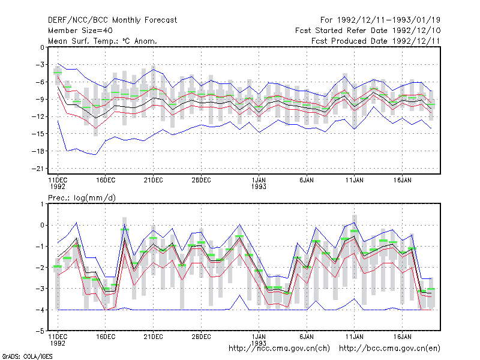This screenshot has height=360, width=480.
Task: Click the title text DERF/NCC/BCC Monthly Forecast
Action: (x=112, y=20)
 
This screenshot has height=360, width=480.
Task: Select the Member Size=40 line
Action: (x=80, y=31)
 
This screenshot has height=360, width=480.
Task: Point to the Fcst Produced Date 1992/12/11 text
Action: (x=376, y=41)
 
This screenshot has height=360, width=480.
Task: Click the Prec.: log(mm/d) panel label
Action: (x=82, y=198)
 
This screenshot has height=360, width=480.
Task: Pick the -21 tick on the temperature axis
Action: (x=38, y=169)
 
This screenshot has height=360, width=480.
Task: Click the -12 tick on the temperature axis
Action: (x=38, y=116)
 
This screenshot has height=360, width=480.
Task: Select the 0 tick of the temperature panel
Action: (x=42, y=47)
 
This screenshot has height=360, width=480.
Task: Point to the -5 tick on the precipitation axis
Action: (x=40, y=331)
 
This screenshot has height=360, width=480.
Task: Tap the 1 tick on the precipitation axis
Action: (x=42, y=204)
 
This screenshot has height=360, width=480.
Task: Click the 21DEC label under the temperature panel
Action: (x=154, y=181)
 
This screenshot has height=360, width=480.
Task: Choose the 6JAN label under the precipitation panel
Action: (x=307, y=337)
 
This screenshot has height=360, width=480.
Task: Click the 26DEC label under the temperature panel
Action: (x=201, y=181)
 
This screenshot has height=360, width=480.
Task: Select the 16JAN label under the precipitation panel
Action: (x=402, y=337)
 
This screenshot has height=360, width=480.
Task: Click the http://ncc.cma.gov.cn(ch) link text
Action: (x=279, y=349)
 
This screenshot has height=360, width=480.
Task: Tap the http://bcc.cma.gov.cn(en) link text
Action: (x=389, y=349)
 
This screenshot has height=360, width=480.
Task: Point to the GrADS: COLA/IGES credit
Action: (x=27, y=356)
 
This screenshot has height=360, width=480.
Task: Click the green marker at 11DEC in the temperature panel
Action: (x=58, y=73)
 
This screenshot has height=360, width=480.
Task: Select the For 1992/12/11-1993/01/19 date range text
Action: (x=380, y=20)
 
